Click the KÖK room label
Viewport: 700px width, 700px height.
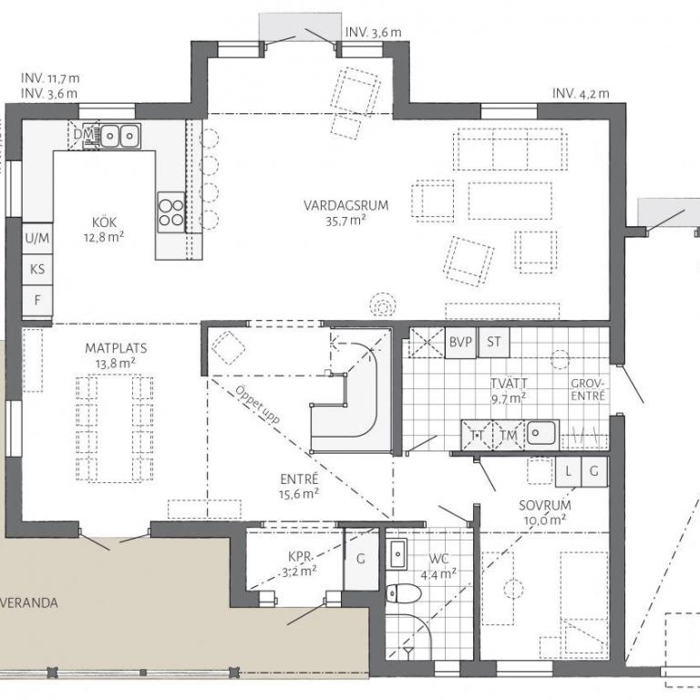tap(105, 221)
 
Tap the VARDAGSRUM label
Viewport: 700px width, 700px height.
tap(346, 205)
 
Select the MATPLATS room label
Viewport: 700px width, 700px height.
tap(116, 348)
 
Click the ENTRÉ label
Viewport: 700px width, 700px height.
tap(299, 479)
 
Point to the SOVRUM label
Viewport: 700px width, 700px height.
tap(545, 505)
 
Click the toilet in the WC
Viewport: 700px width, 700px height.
tap(403, 593)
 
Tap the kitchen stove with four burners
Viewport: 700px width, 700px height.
tap(171, 212)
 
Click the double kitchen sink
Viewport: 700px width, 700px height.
tap(120, 134)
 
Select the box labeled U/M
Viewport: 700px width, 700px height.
tap(37, 239)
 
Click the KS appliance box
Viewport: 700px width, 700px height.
tap(37, 270)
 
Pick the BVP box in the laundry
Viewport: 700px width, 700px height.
tap(460, 343)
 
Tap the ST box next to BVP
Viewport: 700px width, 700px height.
tap(494, 343)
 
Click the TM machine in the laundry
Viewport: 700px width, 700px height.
tap(509, 435)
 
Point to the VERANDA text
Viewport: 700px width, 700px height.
tap(28, 602)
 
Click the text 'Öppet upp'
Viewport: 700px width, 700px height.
tap(258, 405)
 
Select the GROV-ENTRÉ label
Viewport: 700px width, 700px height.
tap(588, 389)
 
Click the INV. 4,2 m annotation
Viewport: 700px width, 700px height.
tap(581, 93)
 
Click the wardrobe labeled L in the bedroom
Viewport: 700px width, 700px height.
tap(569, 471)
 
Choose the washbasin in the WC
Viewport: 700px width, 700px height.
tap(396, 554)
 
